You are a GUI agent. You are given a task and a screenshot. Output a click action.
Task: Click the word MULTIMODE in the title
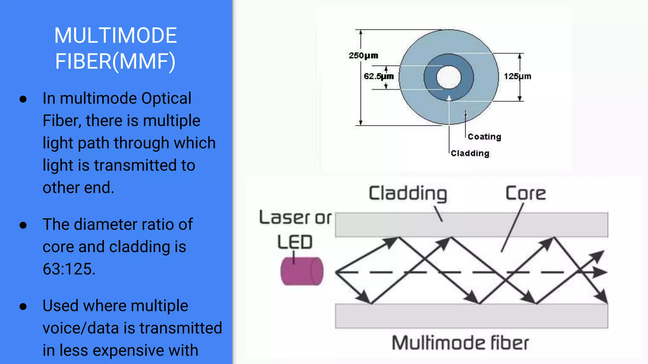115,35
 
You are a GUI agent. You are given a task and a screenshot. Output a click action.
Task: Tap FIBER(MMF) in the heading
115,61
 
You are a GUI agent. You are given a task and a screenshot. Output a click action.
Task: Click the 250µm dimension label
363,56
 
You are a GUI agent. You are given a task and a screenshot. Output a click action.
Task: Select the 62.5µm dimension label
378,76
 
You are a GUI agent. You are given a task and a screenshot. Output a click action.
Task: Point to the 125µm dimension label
517,76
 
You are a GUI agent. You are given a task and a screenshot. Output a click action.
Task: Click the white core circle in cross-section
449,77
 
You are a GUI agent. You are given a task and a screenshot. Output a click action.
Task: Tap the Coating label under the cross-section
484,137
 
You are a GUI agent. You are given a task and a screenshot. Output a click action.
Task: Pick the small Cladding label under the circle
470,153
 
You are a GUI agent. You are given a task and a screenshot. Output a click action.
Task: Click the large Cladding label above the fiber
408,193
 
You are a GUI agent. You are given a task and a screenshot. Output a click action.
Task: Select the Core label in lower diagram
526,193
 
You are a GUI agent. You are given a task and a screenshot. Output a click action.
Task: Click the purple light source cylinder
302,271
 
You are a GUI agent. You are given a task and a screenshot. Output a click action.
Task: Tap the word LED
295,242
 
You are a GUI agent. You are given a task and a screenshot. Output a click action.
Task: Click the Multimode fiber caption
460,343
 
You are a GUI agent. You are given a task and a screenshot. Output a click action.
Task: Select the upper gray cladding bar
471,225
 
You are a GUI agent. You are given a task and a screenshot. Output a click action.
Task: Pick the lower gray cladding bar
471,316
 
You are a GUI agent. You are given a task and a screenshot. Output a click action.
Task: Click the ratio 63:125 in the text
69,269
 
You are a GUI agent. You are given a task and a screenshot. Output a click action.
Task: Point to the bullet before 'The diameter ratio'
23,225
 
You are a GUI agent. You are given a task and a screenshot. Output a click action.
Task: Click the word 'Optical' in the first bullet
166,98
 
